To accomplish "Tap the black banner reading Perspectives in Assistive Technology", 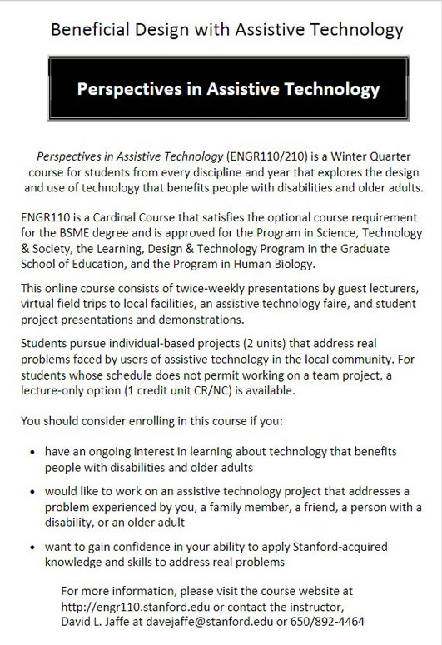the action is point(228,90).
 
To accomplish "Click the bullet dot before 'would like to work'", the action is point(32,491).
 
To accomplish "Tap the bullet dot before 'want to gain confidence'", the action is point(32,547).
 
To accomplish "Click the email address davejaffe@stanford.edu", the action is point(219,621).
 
